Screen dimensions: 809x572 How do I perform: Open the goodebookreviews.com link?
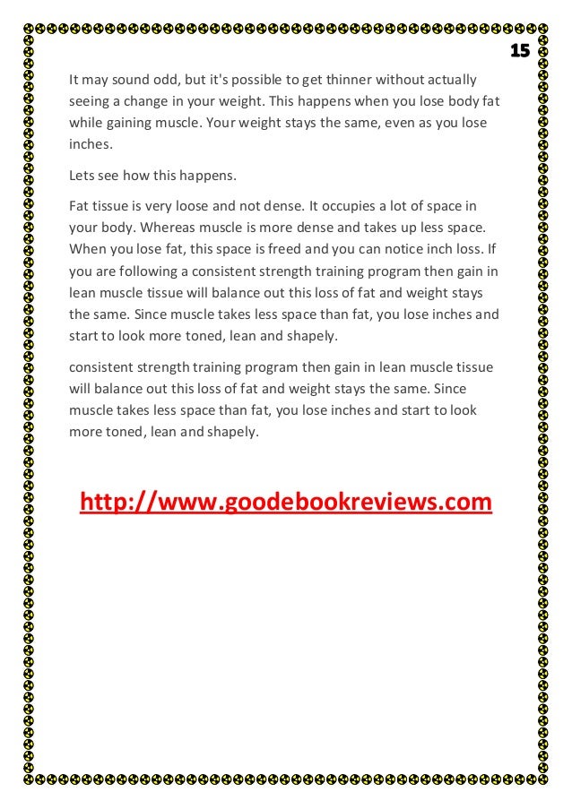click(286, 502)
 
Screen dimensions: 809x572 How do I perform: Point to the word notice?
click(391, 248)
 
